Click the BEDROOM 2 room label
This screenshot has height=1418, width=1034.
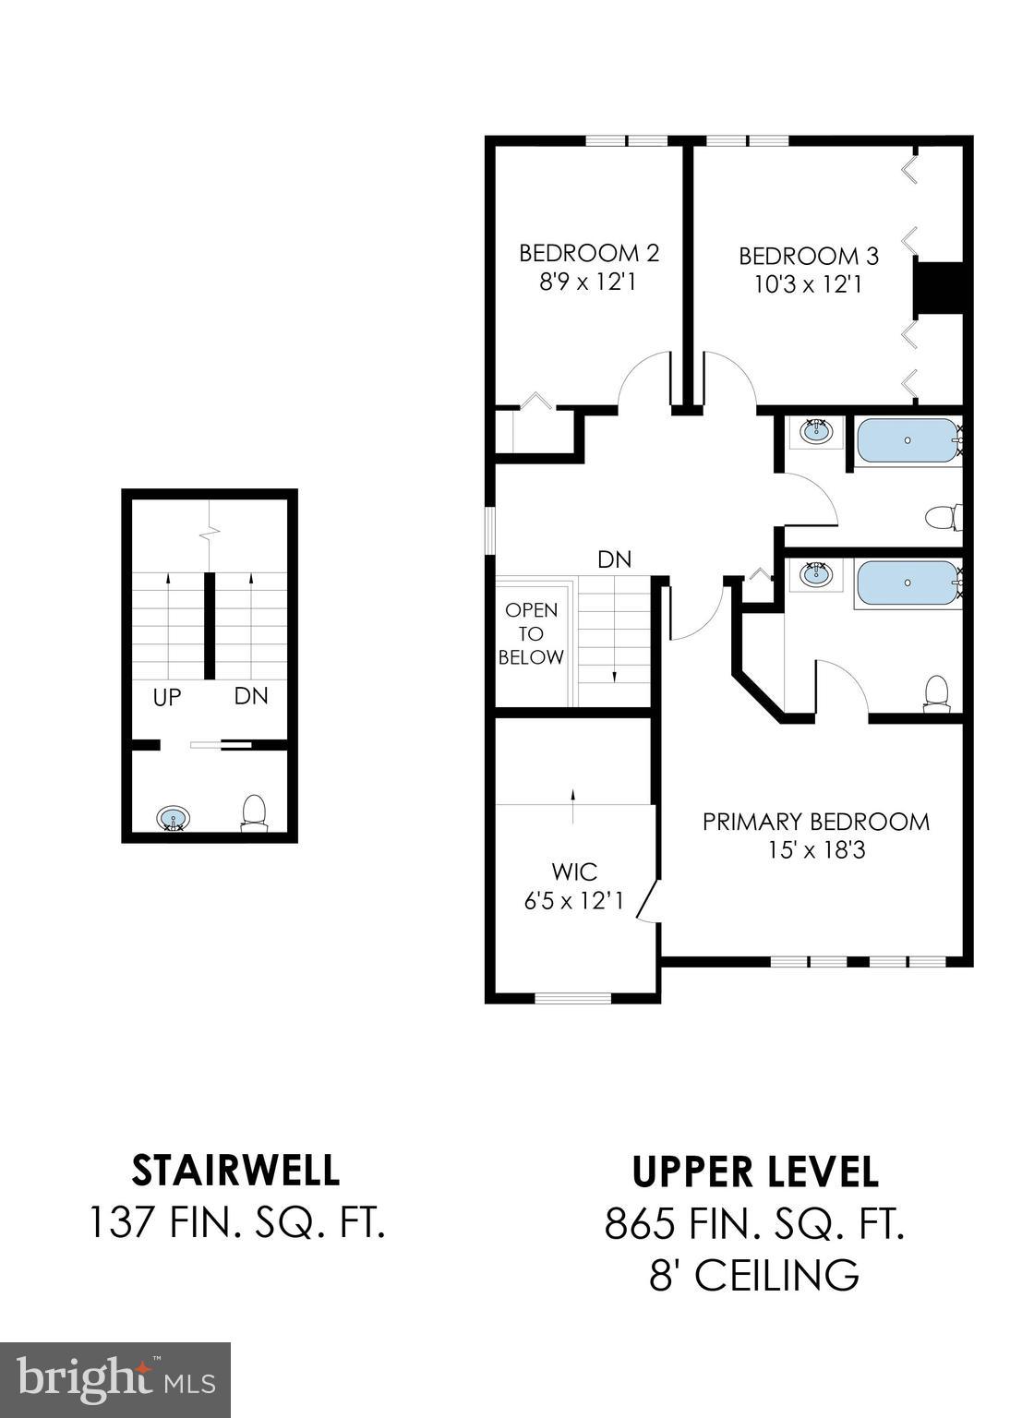tap(588, 253)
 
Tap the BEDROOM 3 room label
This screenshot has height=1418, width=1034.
tap(809, 256)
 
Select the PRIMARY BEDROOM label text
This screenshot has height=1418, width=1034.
tap(815, 822)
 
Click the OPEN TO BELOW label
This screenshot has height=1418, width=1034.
tap(531, 634)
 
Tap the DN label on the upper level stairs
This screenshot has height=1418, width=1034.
tap(614, 559)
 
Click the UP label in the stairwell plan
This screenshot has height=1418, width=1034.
tap(167, 698)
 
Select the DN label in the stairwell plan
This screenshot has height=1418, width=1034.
tap(250, 696)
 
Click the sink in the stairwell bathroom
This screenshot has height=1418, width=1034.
tap(173, 818)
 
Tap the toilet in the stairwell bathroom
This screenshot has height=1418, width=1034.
tap(254, 812)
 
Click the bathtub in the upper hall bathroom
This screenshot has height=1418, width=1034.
tap(908, 441)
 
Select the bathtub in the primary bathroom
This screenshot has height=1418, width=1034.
tap(908, 583)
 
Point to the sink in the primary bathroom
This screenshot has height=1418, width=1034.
tap(815, 575)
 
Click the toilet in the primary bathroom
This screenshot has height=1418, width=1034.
tap(937, 693)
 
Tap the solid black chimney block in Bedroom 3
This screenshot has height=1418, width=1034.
tap(938, 287)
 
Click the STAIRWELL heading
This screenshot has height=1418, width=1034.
tap(236, 1171)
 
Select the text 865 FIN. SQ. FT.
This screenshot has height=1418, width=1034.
tap(754, 1224)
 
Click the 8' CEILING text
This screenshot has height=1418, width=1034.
tap(754, 1276)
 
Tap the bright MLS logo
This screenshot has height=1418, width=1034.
tap(115, 1379)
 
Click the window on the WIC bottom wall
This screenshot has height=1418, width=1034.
tap(572, 997)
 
